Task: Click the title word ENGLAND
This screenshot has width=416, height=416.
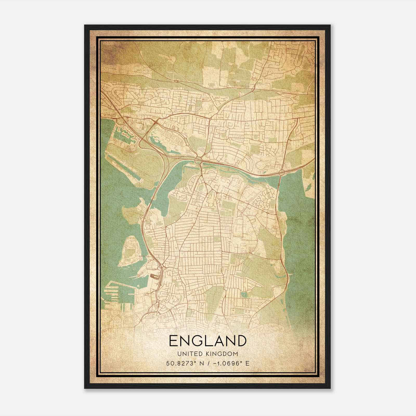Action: point(208,341)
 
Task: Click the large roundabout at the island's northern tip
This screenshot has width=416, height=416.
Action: point(199,159)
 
